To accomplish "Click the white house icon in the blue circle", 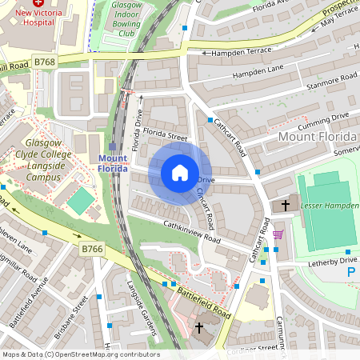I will pos(180,173).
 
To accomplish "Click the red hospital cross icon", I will pos(38,4).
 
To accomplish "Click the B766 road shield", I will pos(92,250).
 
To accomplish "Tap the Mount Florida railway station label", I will pos(113,163).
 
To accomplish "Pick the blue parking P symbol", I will pos(350,273).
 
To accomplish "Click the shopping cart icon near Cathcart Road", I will pos(278,234).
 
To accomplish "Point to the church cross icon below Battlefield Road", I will pos(199,328).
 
